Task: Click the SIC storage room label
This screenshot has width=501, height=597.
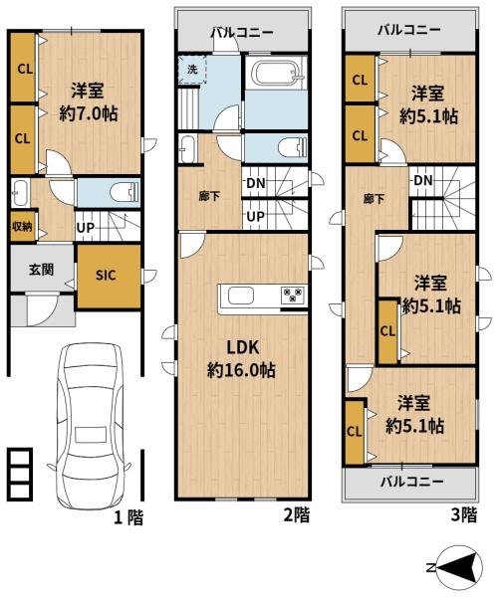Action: click(106, 275)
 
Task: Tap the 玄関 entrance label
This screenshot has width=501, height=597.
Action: click(41, 270)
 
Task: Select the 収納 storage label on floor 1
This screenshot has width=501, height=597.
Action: click(22, 226)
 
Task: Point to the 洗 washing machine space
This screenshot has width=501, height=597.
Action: click(192, 70)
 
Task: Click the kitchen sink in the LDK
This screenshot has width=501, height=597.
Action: click(241, 296)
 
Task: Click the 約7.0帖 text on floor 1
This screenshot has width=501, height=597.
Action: click(89, 113)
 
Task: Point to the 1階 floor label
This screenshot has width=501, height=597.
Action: click(129, 517)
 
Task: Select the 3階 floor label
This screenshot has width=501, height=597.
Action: click(464, 514)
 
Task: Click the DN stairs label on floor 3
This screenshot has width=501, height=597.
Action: click(423, 180)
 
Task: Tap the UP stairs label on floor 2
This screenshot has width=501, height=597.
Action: click(255, 216)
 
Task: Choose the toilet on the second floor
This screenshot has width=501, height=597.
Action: click(293, 147)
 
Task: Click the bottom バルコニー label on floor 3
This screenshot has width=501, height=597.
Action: click(412, 482)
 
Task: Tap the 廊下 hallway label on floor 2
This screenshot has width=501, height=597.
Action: click(210, 196)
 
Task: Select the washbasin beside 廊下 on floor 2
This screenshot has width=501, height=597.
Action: click(186, 148)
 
